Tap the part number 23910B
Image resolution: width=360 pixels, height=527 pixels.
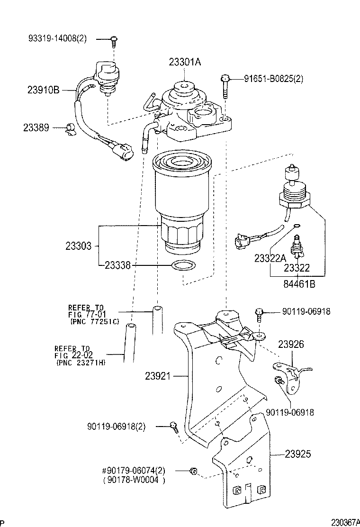(43, 90)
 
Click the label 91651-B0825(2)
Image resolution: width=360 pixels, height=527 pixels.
(273, 79)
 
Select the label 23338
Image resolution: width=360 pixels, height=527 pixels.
(118, 266)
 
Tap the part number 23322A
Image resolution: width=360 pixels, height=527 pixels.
(270, 258)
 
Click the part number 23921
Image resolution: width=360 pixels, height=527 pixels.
(159, 376)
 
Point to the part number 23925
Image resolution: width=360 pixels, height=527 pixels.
(298, 454)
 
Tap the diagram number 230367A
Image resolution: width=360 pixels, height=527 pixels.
(345, 522)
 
